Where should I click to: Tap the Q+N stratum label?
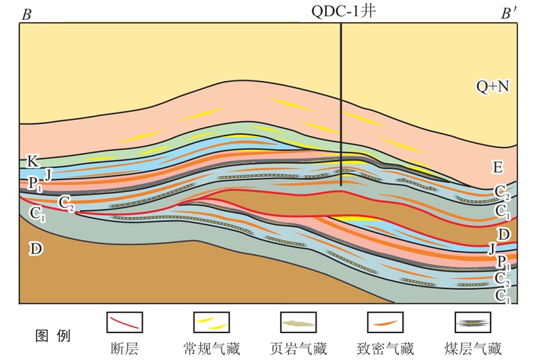(492, 86)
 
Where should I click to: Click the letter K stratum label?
(31, 161)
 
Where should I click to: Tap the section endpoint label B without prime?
(27, 14)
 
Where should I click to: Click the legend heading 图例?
(53, 335)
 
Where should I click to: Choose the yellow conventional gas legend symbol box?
(212, 322)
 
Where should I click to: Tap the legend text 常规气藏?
(212, 349)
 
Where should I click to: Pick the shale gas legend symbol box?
(298, 322)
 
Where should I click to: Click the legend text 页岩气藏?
(298, 349)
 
